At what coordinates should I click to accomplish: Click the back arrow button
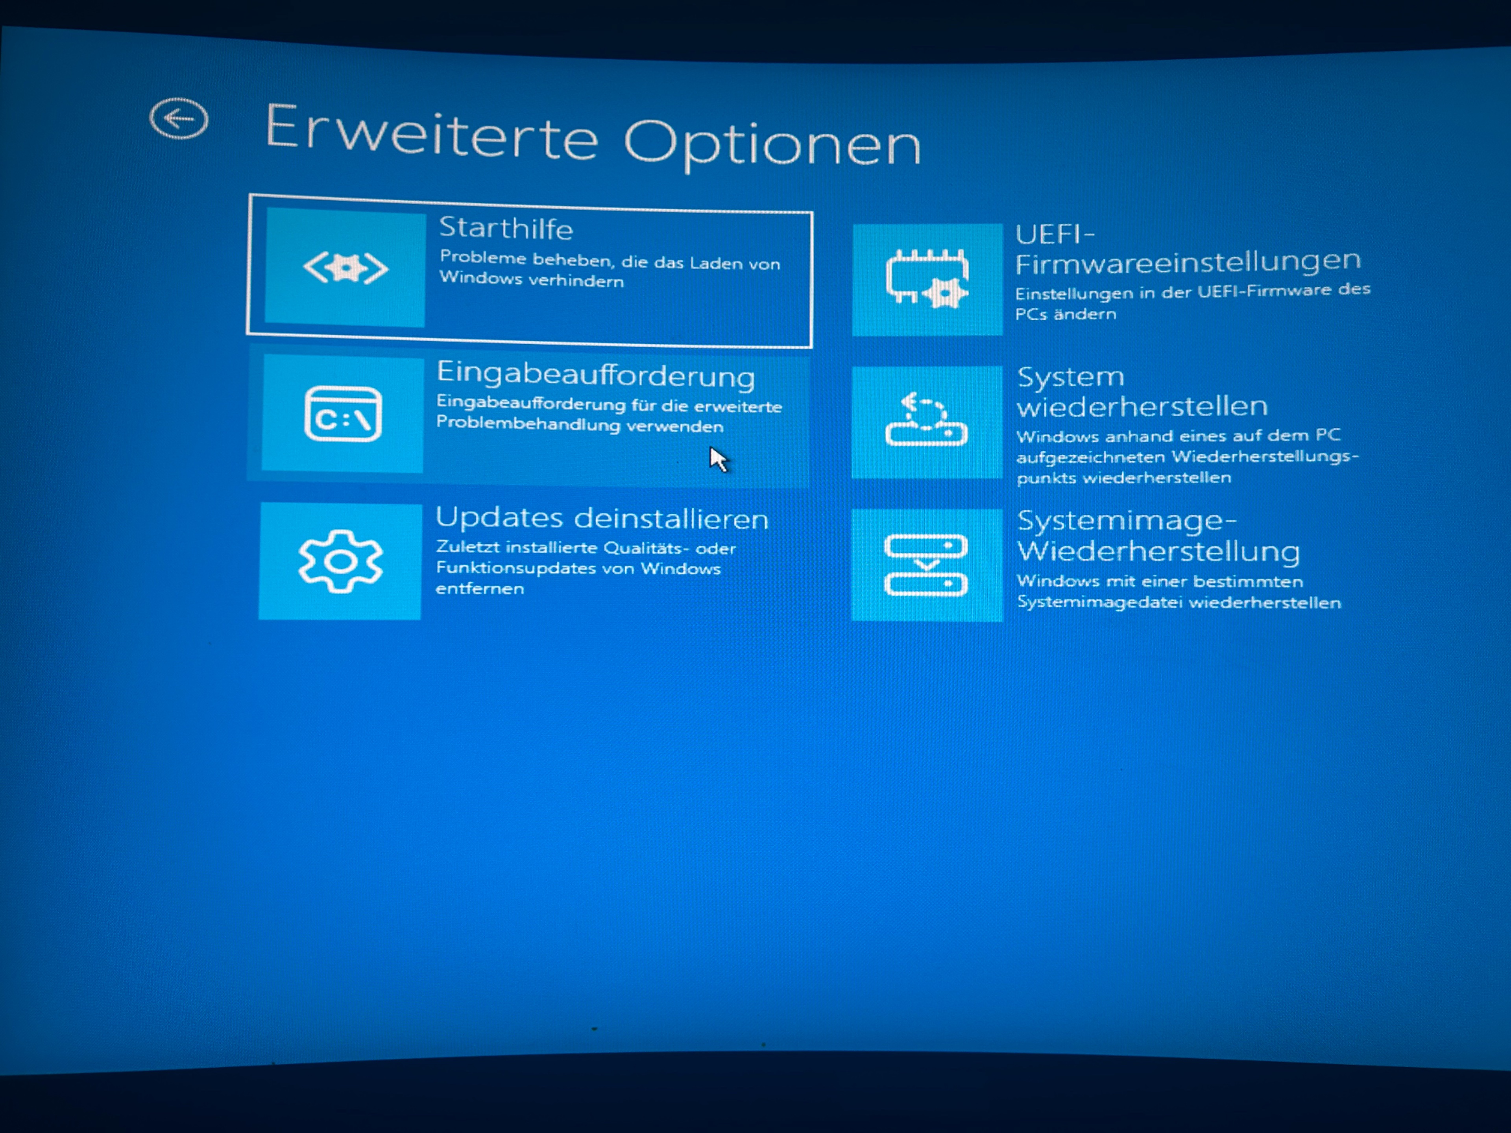coord(179,119)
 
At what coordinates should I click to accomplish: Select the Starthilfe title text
coord(506,228)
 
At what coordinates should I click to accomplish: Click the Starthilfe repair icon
coord(345,268)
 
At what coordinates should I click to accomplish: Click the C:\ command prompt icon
coord(342,414)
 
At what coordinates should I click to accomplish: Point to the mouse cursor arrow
coord(718,459)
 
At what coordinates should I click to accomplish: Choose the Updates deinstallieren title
coord(602,519)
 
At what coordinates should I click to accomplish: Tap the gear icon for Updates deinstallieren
coord(340,561)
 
